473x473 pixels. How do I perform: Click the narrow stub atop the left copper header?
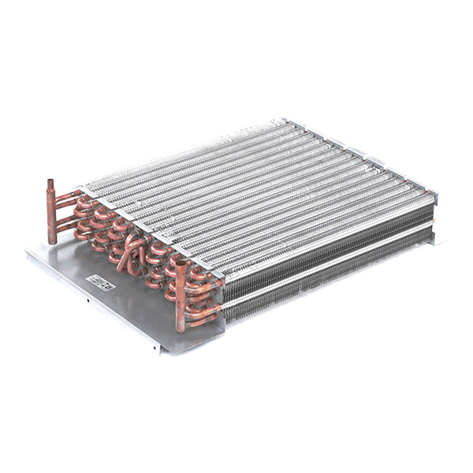49,186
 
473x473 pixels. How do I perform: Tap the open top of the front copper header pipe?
181,264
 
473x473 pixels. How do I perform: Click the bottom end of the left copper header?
52,240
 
